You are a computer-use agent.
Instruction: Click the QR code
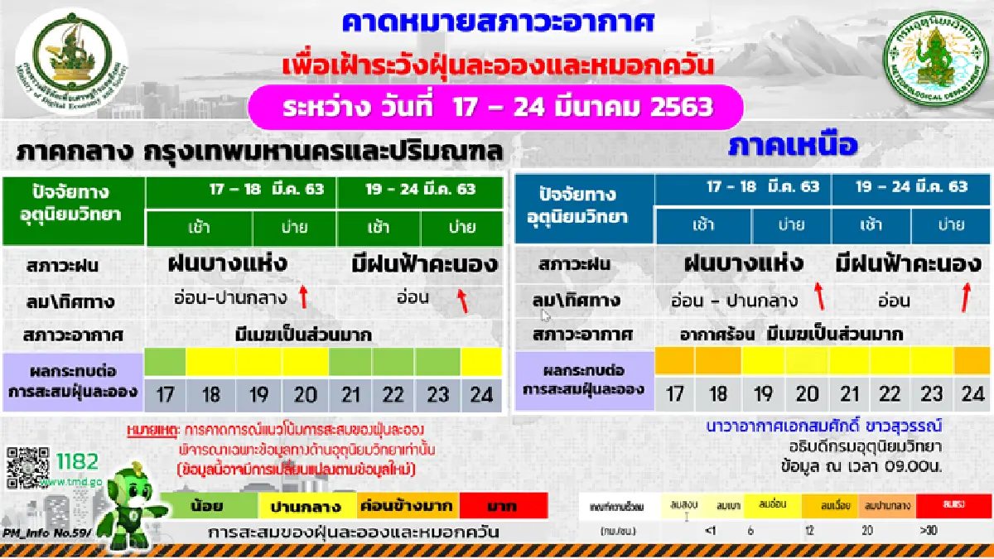(27, 469)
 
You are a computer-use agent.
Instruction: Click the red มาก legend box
(504, 504)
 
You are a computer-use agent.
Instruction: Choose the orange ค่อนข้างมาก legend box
(406, 504)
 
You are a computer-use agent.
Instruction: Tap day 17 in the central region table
(165, 394)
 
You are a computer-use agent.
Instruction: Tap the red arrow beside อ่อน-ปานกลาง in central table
(303, 296)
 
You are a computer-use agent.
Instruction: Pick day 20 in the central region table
(306, 394)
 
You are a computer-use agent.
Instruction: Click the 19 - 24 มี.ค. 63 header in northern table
(911, 187)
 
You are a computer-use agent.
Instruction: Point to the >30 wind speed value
(928, 530)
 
